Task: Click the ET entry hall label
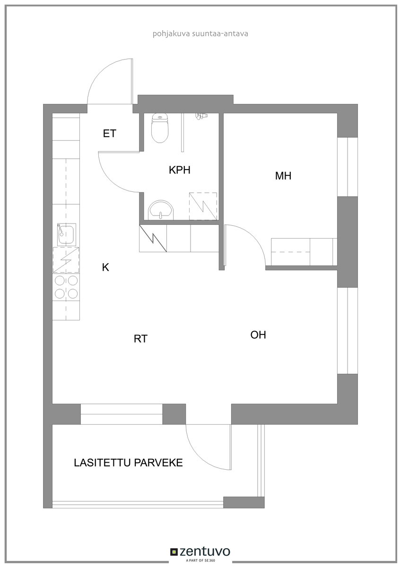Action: pos(109,133)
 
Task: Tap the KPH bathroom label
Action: pos(180,170)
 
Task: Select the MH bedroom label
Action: pos(283,176)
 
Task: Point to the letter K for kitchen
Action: pos(105,267)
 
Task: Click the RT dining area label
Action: pos(140,339)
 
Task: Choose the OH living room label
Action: pos(258,335)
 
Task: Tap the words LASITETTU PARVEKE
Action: pos(128,463)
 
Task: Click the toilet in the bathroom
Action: pos(159,128)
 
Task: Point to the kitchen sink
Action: pos(67,235)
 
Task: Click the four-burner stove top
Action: pos(66,287)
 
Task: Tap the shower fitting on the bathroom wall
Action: pos(201,116)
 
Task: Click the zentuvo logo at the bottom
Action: pos(200,551)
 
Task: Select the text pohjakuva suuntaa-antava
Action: pos(200,34)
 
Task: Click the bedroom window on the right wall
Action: pos(347,167)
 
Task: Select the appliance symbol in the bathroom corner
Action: pos(203,206)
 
